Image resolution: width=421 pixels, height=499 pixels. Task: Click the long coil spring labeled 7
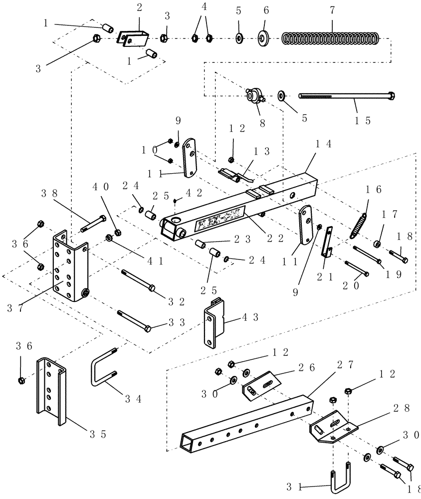[330, 38]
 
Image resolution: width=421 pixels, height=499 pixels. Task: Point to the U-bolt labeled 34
[104, 372]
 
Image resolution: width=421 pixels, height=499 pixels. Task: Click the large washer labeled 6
[263, 38]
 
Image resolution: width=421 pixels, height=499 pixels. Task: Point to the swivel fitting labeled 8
[254, 95]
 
